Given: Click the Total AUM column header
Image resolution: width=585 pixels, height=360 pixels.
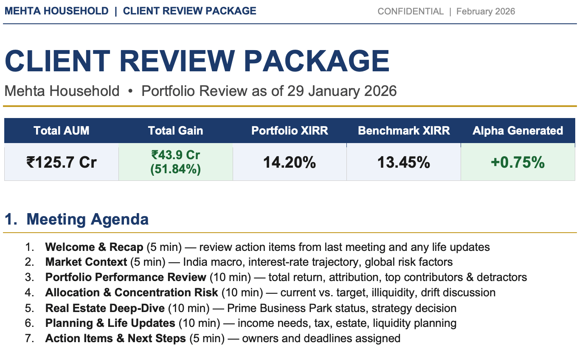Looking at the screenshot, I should coord(62,131).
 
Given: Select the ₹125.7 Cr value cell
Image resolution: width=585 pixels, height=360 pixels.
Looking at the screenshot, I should coord(62,162).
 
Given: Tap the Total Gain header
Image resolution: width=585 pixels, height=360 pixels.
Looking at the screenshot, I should coord(175,131).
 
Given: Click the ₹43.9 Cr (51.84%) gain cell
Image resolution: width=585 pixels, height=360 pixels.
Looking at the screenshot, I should coord(175,162).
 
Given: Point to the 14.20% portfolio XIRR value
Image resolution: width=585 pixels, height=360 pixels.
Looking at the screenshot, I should coord(290,162).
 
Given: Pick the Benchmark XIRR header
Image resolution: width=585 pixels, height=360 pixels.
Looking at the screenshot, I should coord(404,131).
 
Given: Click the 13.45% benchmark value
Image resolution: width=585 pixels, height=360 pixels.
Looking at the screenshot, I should coord(404,162).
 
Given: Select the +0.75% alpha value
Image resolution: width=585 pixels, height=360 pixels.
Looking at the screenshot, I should coord(517,162).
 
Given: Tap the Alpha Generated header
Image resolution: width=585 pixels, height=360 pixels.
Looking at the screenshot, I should coord(517,131).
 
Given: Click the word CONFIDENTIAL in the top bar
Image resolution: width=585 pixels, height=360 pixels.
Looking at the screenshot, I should coord(411,11).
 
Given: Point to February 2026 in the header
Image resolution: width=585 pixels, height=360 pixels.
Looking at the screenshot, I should coord(486,11).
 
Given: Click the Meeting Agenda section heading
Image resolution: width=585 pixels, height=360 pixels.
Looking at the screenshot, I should coord(87,219).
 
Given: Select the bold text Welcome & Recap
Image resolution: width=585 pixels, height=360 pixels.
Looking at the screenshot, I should coord(94,247).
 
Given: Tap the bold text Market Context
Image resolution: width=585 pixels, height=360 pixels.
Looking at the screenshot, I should coord(86,262).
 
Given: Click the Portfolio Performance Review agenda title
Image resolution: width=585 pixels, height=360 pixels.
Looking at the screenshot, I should coord(126,277).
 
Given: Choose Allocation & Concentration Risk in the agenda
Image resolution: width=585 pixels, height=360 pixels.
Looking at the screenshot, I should coord(132,292).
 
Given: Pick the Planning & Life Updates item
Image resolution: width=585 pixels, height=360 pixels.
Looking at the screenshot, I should coord(110,323).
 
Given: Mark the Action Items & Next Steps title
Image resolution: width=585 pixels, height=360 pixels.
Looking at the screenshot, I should coord(115,338).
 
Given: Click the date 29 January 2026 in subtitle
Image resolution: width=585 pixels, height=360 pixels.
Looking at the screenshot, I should coord(342,91).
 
